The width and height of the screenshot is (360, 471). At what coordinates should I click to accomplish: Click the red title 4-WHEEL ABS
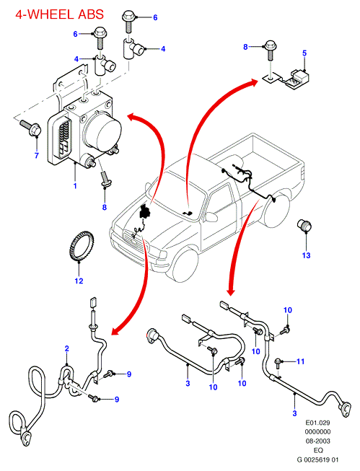[x=59, y=14]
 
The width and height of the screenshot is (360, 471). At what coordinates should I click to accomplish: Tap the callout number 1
[x=75, y=186]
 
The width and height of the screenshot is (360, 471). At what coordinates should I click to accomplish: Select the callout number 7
[x=37, y=155]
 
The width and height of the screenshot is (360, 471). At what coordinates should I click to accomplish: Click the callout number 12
[x=79, y=281]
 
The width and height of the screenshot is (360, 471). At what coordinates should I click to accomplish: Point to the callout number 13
[x=306, y=255]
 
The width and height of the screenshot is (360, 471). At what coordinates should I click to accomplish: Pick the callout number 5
[x=304, y=53]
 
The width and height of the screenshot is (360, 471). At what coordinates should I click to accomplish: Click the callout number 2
[x=66, y=348]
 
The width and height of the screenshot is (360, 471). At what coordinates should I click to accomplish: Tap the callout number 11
[x=301, y=361]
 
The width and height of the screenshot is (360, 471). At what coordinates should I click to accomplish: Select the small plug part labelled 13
[x=304, y=226]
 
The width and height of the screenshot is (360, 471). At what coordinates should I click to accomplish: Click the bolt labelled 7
[x=30, y=128]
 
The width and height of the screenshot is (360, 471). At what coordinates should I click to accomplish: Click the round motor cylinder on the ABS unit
[x=104, y=133]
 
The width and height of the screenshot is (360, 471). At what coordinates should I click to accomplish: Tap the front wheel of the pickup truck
[x=184, y=266]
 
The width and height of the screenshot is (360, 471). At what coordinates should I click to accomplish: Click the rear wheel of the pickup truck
[x=276, y=211]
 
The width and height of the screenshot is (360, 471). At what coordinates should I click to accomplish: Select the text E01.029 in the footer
[x=317, y=423]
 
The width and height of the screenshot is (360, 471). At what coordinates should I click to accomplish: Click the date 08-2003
[x=317, y=441]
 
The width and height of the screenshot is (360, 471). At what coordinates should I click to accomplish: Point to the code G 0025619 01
[x=317, y=459]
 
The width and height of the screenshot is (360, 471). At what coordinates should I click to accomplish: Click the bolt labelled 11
[x=279, y=363]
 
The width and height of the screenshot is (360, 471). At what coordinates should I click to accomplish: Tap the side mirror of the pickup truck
[x=211, y=217]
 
